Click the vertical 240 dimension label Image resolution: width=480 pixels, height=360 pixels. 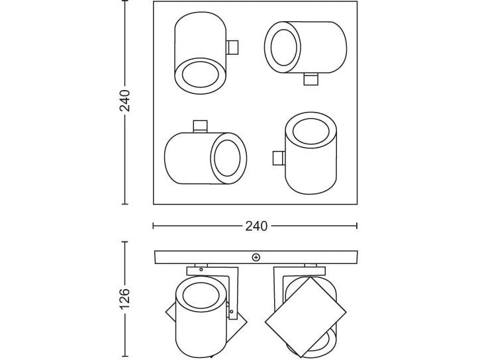125,101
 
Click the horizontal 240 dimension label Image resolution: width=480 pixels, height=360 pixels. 256,226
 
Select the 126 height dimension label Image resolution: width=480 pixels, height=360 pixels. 125,298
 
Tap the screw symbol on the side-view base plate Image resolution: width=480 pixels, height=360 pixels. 256,257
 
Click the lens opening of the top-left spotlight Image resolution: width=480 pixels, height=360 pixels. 200,74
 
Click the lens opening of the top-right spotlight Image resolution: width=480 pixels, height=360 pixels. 284,48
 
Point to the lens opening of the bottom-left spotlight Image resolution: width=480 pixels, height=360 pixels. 228,158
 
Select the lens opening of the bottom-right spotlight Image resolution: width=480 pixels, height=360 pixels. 311,132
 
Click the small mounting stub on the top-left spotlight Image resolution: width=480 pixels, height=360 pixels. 232,48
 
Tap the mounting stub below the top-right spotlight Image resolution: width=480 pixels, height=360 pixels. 311,79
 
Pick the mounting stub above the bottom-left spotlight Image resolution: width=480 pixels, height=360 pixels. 200,126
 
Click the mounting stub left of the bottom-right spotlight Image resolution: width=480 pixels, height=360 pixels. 279,158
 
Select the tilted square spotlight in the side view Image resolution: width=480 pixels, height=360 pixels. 305,316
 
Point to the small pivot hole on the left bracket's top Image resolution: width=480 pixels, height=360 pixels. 201,269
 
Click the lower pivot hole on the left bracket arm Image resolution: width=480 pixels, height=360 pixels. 232,312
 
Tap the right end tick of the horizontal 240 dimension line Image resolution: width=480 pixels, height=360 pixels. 357,226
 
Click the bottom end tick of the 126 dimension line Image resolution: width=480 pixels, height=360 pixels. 125,356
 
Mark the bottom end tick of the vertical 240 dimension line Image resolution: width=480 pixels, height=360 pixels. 125,204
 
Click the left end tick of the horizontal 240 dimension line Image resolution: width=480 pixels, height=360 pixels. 153,226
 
